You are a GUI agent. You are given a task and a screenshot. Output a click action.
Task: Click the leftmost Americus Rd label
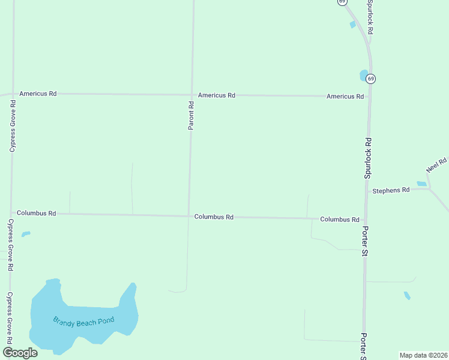[38, 94]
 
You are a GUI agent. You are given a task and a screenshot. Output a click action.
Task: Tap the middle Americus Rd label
[217, 95]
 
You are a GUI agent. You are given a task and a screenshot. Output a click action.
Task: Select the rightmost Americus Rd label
[345, 96]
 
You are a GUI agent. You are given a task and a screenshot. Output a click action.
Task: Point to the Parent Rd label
[191, 116]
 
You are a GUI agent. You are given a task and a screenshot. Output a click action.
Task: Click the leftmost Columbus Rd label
[36, 213]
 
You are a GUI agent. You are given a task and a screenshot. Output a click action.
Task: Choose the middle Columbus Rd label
[214, 217]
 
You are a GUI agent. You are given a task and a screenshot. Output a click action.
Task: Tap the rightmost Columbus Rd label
[339, 220]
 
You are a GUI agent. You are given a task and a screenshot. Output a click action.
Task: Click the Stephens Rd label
[391, 190]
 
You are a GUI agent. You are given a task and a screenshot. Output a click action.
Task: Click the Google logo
[20, 353]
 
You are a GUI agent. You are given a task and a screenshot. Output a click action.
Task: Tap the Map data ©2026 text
[423, 355]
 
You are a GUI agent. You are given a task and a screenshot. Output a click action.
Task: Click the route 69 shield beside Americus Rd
[371, 79]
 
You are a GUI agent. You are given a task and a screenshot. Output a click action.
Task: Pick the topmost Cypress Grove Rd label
[13, 126]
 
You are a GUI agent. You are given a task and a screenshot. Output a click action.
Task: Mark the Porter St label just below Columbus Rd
[364, 241]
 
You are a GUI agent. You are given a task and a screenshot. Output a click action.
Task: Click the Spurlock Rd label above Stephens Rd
[368, 158]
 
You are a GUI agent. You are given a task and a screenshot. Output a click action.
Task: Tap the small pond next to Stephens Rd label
[421, 184]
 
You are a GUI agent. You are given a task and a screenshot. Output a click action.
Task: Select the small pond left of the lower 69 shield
[363, 75]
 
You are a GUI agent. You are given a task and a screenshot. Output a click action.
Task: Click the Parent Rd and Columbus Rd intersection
[189, 216]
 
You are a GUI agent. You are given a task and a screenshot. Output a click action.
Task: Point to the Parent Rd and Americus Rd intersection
[192, 94]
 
